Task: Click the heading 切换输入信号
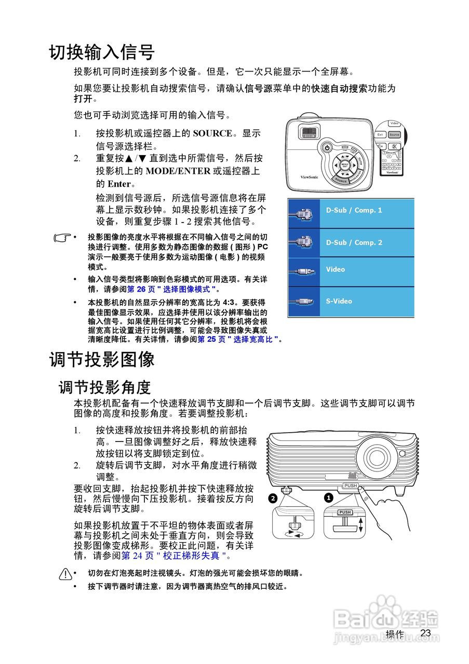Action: tap(102, 52)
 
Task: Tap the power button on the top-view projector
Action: tap(327, 148)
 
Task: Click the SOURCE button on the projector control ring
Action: tap(341, 181)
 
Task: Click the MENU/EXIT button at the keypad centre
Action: tap(345, 165)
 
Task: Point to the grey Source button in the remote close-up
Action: tap(395, 135)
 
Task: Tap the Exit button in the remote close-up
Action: tap(380, 135)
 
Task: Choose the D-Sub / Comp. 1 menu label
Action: tap(354, 210)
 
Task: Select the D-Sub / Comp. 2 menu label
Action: tap(354, 242)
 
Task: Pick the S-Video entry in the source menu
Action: tap(339, 301)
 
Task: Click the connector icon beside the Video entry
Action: tap(304, 271)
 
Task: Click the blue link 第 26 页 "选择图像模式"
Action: tap(171, 289)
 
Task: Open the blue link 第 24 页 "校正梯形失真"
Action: tap(173, 556)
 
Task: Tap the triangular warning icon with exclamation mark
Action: tap(65, 574)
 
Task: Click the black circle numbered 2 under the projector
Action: tap(274, 499)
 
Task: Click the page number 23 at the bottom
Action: tap(426, 633)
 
